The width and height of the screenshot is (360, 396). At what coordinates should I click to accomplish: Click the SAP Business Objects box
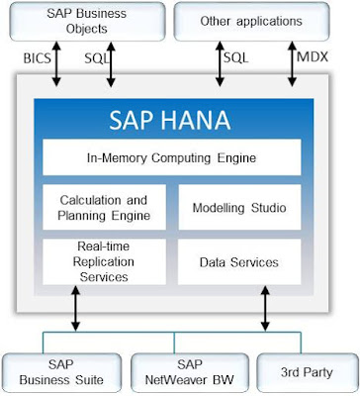87,22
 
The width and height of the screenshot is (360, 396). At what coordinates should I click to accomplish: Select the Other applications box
251,22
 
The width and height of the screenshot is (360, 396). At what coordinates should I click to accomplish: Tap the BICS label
38,58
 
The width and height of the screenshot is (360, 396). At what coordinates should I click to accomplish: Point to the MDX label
313,57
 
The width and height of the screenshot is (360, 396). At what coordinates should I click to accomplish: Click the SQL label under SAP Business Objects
97,58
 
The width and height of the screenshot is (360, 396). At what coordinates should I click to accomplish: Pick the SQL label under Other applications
236,58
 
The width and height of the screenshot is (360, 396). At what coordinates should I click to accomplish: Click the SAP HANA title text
170,120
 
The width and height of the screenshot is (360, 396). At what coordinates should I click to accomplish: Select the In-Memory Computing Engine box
172,157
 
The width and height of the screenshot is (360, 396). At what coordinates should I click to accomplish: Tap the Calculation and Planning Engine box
104,207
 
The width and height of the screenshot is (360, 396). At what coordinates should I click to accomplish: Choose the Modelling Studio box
239,207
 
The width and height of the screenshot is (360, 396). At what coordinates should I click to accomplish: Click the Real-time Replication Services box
104,261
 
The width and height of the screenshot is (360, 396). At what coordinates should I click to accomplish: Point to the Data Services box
239,261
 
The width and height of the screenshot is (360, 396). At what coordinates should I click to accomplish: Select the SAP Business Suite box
61,373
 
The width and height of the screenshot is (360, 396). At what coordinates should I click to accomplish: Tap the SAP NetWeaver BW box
190,373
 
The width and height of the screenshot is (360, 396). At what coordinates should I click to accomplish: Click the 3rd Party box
307,373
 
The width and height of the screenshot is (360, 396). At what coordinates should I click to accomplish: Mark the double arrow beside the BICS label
56,64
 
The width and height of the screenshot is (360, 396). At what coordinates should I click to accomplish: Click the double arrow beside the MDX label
292,64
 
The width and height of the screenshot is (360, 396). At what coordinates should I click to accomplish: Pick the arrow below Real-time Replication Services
76,309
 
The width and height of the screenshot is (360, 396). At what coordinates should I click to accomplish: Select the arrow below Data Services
265,309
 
